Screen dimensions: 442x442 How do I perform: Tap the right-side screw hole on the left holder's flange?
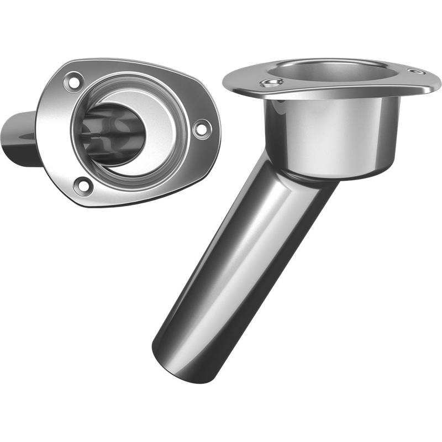point(202,128)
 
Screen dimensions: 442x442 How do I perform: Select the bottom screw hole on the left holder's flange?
point(83,186)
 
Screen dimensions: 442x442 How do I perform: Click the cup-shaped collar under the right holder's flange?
point(331,133)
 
